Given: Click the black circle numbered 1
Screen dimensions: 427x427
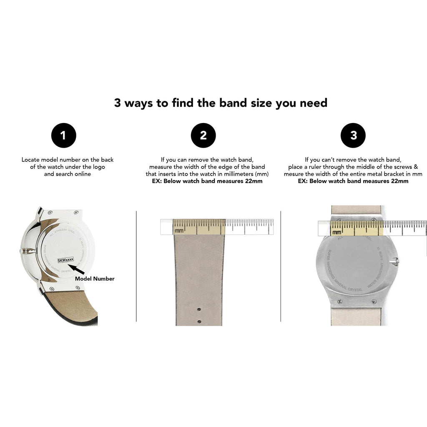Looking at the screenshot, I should pyautogui.click(x=63, y=136).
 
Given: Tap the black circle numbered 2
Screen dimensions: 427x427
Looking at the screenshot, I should pyautogui.click(x=203, y=136).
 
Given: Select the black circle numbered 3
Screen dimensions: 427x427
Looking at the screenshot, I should pyautogui.click(x=353, y=136).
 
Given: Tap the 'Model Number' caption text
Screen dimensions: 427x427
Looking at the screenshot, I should pyautogui.click(x=94, y=279).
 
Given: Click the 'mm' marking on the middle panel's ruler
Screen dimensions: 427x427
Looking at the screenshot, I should pyautogui.click(x=179, y=230).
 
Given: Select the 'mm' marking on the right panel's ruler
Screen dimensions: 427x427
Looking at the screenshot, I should pyautogui.click(x=337, y=231).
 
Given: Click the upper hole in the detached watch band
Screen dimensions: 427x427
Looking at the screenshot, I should pyautogui.click(x=199, y=309).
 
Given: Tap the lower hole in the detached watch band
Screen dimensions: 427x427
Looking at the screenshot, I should pyautogui.click(x=199, y=321).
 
